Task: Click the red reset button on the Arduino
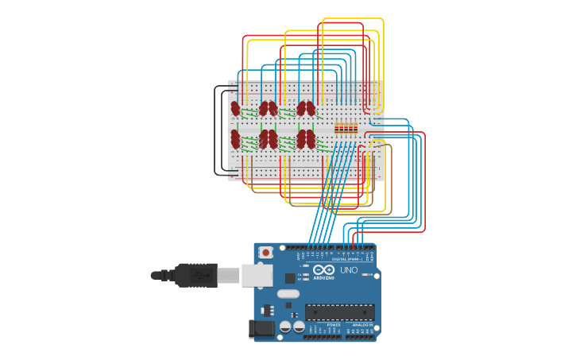pos(265,253)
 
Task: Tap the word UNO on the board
pos(349,270)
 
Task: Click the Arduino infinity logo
pos(323,269)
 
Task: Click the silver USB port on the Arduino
pos(256,275)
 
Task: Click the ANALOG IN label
pos(362,325)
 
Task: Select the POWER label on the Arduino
pos(334,325)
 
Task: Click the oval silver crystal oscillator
pos(288,294)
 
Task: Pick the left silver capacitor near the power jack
pos(284,326)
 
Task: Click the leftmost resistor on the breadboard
pos(337,127)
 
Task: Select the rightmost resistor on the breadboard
pos(354,127)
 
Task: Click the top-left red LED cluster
pos(235,107)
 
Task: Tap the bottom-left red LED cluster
pos(235,139)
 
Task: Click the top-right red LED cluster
pos(306,107)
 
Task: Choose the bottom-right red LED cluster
pos(306,139)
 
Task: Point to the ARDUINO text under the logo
pos(323,278)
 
